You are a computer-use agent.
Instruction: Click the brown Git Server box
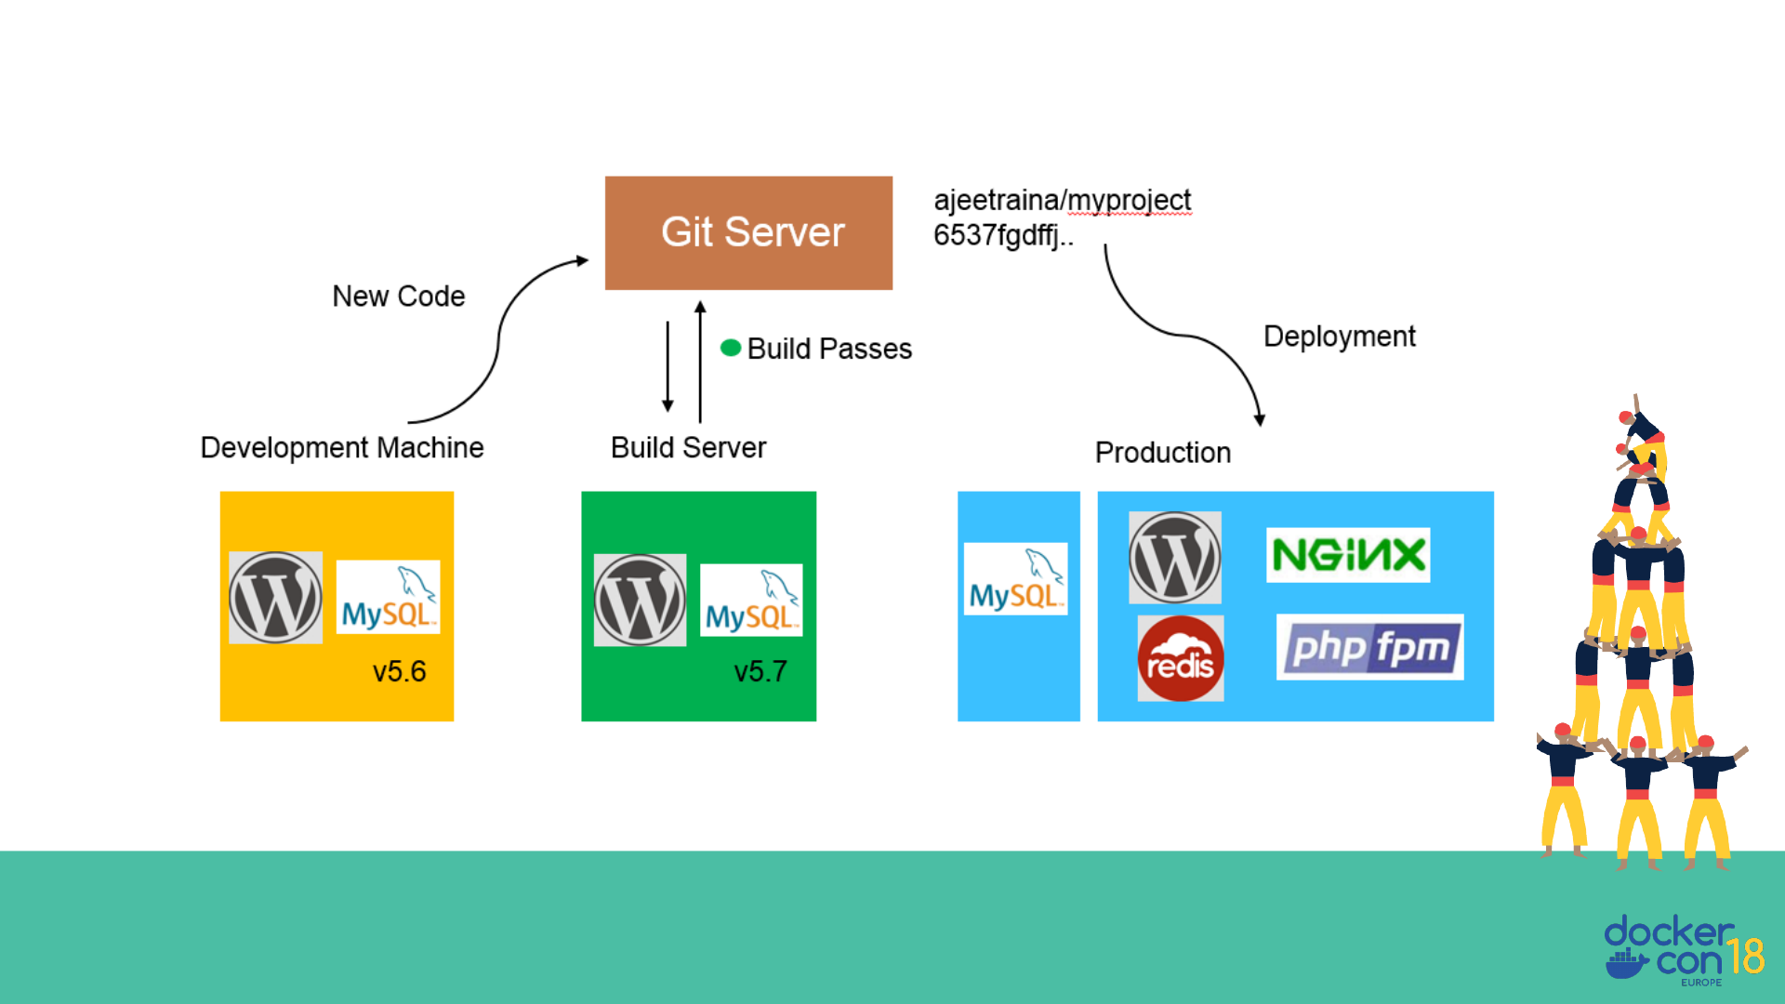[748, 232]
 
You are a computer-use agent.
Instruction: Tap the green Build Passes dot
[731, 348]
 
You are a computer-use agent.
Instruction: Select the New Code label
[399, 297]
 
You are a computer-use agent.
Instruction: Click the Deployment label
[1339, 337]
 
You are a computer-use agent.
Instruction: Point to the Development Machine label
[342, 448]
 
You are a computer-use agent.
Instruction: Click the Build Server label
[688, 448]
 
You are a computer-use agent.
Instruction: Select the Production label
[1162, 453]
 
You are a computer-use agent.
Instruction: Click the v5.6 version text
[400, 671]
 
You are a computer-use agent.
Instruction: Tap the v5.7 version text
[760, 671]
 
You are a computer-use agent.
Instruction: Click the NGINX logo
[1348, 555]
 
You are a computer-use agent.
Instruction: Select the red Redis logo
[1181, 658]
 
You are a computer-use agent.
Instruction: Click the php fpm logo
[1369, 647]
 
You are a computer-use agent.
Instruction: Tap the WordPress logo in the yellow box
[276, 598]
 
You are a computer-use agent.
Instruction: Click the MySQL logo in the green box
[751, 600]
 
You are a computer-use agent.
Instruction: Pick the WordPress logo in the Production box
[1175, 558]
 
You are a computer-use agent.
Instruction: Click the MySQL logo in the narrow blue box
[1015, 579]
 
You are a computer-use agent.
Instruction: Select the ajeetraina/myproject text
[1062, 201]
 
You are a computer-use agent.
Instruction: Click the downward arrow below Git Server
[668, 367]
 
